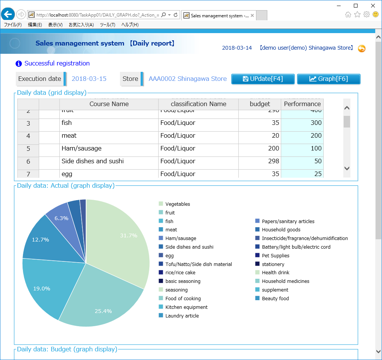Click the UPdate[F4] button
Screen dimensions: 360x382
262,79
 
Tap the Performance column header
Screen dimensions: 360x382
302,104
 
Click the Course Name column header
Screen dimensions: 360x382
109,104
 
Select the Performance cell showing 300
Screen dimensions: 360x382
302,123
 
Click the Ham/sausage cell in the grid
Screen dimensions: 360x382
109,149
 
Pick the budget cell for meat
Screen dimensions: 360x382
259,136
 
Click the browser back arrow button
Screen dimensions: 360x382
8,15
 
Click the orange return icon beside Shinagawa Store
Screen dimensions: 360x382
361,49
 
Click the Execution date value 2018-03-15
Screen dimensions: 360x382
89,79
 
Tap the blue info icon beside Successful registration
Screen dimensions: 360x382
19,64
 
